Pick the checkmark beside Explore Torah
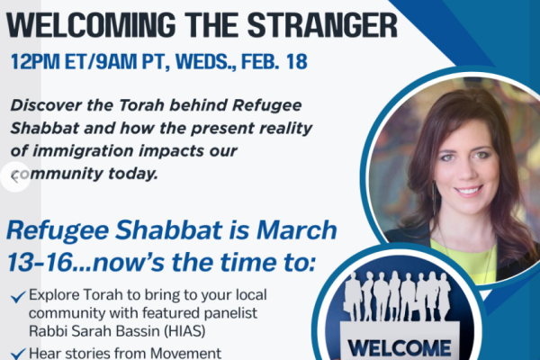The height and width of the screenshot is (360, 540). (20, 296)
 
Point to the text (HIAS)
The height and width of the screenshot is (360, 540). (175, 328)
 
